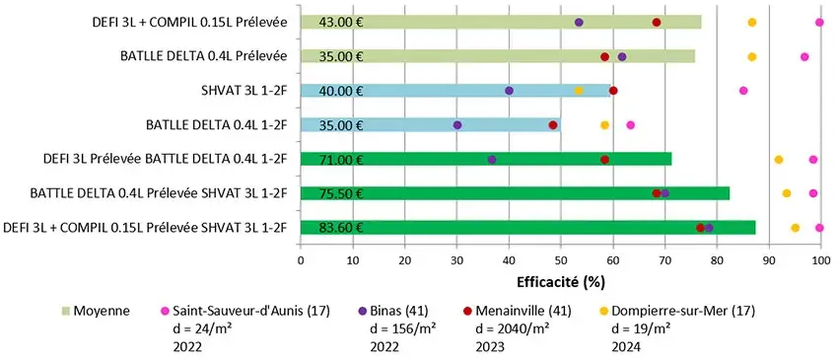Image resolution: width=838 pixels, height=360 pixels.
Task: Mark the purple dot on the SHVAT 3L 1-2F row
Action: (x=509, y=91)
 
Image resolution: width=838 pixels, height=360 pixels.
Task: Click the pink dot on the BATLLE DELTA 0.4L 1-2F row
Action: (x=630, y=125)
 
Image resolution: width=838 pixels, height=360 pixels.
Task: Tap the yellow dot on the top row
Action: (x=752, y=22)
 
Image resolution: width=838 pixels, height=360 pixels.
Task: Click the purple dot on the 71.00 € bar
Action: (x=492, y=159)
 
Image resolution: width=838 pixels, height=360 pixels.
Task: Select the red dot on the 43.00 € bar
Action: (x=657, y=22)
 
